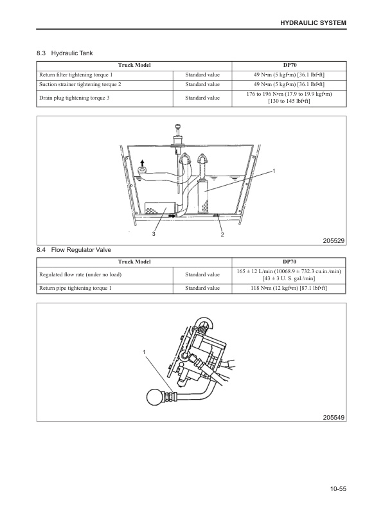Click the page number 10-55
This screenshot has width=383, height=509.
point(336,489)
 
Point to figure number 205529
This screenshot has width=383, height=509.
point(334,240)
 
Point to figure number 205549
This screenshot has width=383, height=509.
point(334,417)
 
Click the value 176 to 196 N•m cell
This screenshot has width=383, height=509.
point(289,98)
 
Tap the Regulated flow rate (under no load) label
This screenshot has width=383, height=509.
point(80,275)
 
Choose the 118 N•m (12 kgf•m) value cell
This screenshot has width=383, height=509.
point(289,289)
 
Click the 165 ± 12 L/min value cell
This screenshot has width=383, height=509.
point(289,275)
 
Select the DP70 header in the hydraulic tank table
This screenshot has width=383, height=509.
point(289,66)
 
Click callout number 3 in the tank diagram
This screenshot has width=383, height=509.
point(154,234)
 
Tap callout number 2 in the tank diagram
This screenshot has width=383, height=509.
point(222,234)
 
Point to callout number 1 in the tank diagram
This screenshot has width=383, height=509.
point(274,172)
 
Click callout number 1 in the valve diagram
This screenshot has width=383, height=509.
point(145,352)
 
